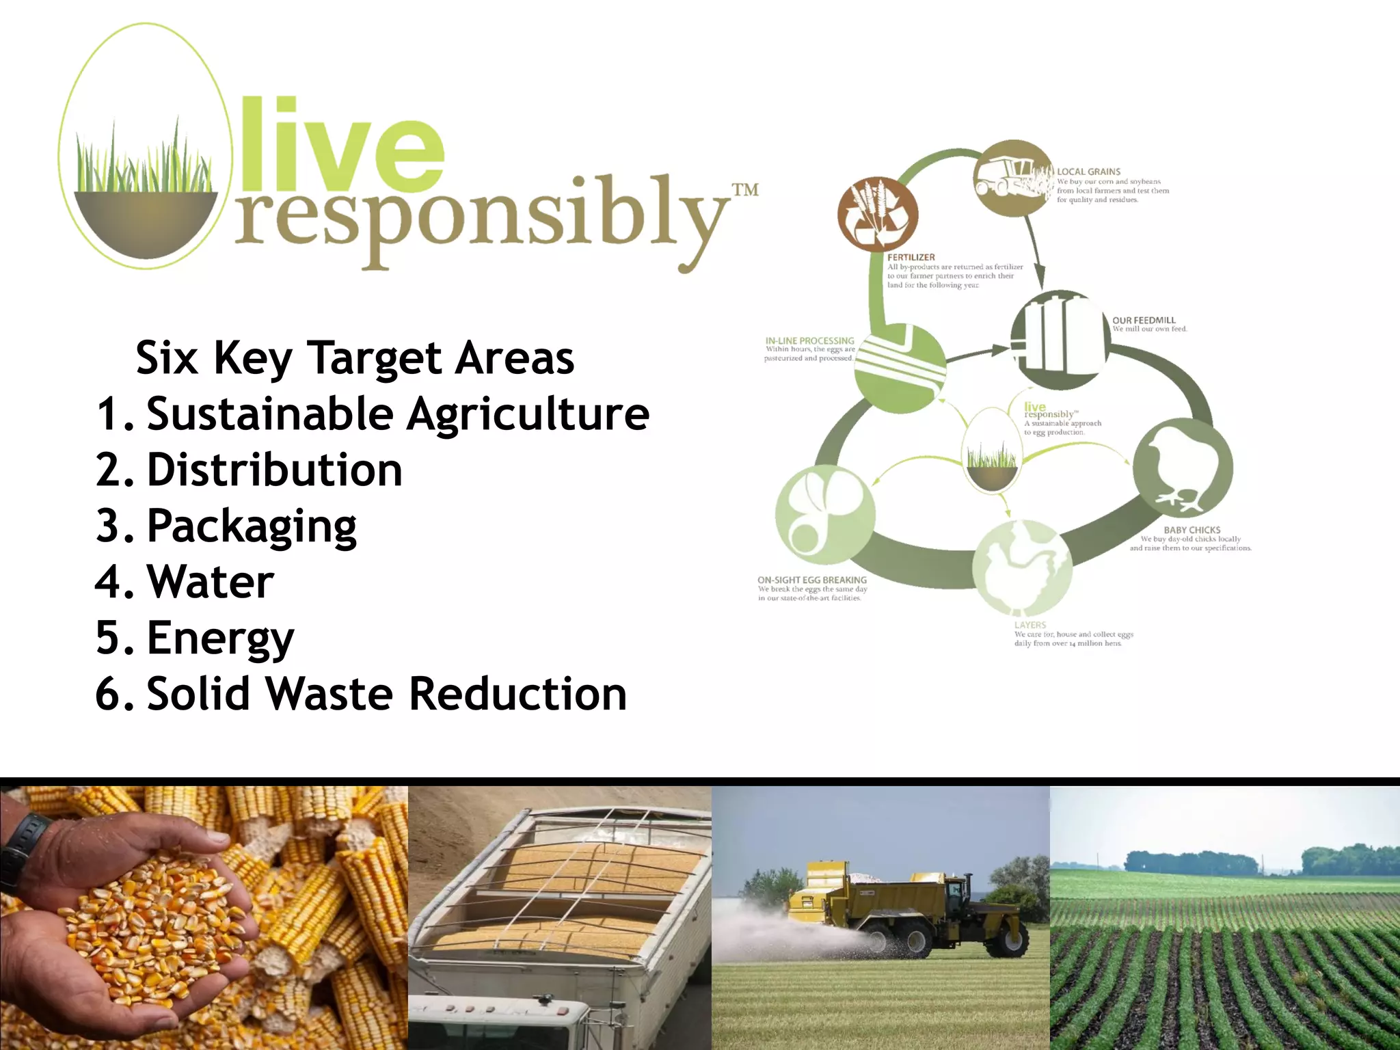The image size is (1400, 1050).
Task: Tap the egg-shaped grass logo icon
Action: click(x=146, y=147)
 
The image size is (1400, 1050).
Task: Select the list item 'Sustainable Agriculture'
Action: click(x=397, y=414)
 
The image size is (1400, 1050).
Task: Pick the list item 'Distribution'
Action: click(x=274, y=470)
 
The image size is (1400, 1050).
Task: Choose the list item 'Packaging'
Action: click(x=252, y=526)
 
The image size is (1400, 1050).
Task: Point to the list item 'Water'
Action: click(x=211, y=582)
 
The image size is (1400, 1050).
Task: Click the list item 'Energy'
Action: click(x=220, y=638)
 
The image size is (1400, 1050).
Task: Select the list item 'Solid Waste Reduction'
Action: click(x=386, y=695)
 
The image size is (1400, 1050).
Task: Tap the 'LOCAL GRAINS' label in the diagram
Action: click(x=1088, y=172)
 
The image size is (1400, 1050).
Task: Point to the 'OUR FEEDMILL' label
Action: click(x=1144, y=320)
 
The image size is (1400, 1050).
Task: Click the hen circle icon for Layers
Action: click(x=1022, y=567)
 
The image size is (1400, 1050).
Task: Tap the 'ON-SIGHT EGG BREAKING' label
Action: click(x=811, y=580)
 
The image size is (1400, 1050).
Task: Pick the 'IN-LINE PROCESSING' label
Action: click(x=809, y=340)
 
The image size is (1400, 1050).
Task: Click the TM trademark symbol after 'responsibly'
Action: click(x=745, y=189)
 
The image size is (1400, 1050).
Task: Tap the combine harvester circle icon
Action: click(x=1011, y=178)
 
